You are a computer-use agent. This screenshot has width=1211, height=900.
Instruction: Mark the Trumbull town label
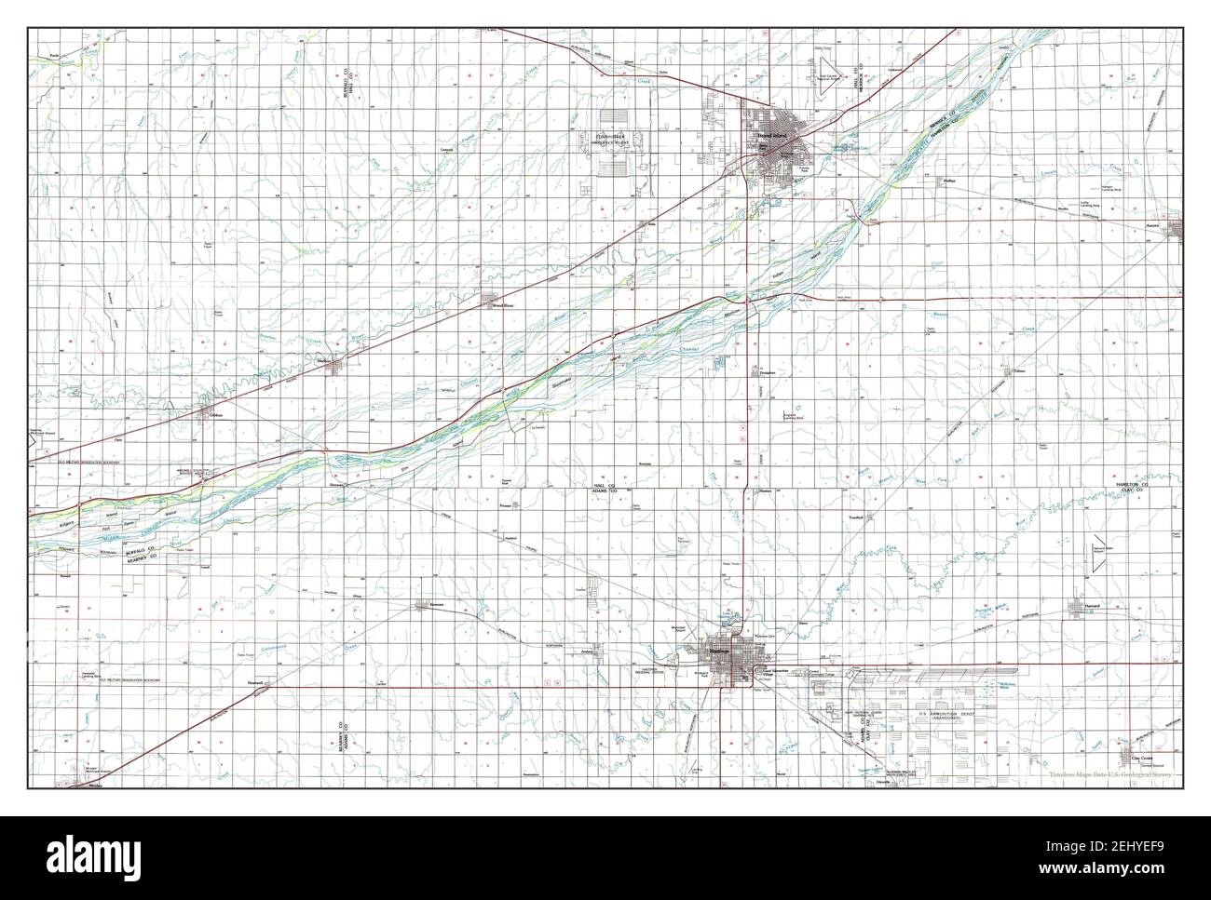coord(855,517)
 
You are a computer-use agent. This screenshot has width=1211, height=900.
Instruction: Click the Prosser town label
coord(507,506)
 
